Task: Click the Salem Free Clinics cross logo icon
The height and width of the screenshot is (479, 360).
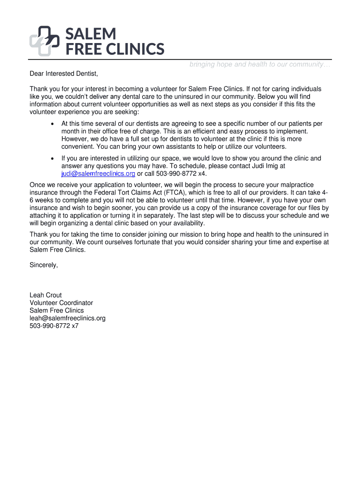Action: tap(45, 41)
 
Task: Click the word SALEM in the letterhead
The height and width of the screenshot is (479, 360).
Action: tap(90, 34)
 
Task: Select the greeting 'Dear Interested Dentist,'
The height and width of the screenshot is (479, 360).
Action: tap(65, 73)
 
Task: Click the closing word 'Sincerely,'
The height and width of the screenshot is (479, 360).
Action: tap(44, 265)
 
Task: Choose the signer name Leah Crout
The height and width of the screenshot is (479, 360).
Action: tap(46, 295)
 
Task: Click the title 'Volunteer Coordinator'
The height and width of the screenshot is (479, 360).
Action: tap(61, 303)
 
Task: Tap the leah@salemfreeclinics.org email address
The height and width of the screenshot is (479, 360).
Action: tap(67, 318)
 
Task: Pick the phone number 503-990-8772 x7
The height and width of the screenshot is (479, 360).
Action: tap(54, 326)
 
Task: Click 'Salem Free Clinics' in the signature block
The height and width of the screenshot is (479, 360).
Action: tap(57, 310)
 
